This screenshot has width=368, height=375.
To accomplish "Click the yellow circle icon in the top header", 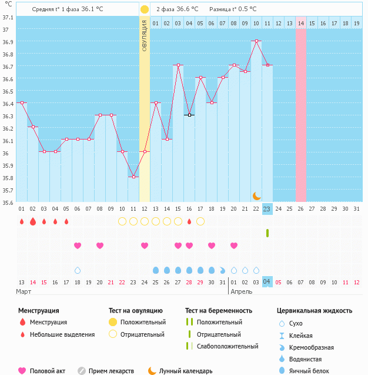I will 145,9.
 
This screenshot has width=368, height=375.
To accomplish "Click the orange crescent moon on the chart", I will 256,195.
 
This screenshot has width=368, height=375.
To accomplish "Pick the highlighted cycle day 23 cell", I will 267,209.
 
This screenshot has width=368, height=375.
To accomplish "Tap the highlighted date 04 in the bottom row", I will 267,282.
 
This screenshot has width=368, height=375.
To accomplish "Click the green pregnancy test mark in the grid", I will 267,233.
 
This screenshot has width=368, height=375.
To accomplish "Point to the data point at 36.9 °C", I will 256,41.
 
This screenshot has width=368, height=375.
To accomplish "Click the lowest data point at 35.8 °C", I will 133,177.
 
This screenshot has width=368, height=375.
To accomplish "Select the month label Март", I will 24,291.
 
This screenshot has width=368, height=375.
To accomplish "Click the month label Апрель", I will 241,291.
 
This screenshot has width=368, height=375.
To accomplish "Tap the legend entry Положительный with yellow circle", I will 143,322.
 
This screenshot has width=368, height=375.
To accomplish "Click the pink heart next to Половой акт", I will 22,371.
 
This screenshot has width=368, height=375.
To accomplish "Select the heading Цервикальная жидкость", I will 315,310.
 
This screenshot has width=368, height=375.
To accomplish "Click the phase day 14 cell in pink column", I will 301,23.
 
